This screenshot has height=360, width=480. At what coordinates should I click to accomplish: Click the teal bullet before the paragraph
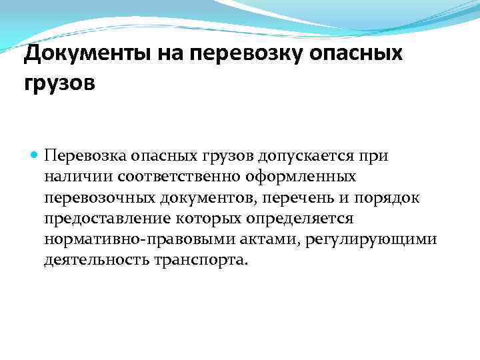[35, 155]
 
